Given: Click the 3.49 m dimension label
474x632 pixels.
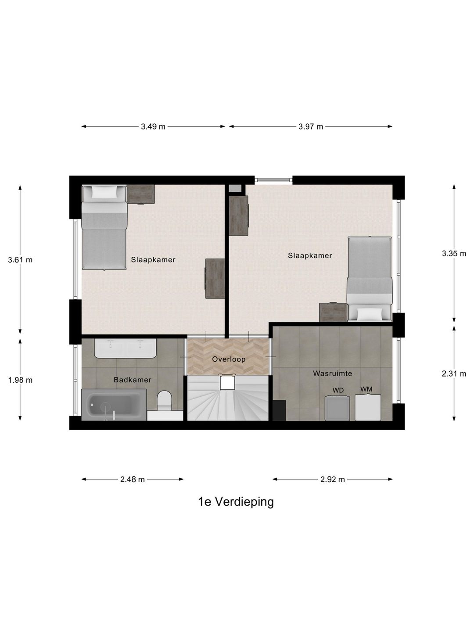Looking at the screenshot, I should tap(153, 127).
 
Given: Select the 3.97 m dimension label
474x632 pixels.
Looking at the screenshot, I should tap(311, 127).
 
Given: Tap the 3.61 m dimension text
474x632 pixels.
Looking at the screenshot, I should tap(20, 259).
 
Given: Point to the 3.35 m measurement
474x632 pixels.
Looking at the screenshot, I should tap(454, 253).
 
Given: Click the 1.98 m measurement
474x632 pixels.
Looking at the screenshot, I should tap(20, 380).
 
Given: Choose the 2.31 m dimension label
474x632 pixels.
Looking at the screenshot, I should tap(454, 374).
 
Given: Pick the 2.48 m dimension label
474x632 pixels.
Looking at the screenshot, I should tap(133, 479).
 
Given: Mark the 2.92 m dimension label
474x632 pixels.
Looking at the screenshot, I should tap(333, 479).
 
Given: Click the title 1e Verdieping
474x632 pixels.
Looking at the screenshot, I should tap(236, 502).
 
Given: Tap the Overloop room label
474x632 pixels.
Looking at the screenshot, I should tap(229, 359).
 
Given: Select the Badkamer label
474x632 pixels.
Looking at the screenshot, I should tap(133, 380).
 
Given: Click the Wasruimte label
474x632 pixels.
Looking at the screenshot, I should tap(333, 373).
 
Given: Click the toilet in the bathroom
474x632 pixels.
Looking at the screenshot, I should tap(165, 400).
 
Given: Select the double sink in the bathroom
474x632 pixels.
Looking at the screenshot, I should tap(126, 349).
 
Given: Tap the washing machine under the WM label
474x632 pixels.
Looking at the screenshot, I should tap(368, 408).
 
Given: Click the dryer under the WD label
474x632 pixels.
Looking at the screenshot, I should tap(338, 408).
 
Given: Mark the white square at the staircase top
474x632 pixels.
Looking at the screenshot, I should tap(228, 382).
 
